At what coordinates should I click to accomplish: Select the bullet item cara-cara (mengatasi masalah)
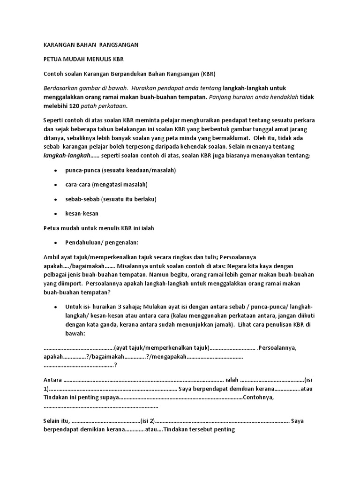click(106, 184)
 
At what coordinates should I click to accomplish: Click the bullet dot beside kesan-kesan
click(56, 214)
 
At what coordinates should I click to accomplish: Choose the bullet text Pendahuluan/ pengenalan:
click(102, 243)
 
